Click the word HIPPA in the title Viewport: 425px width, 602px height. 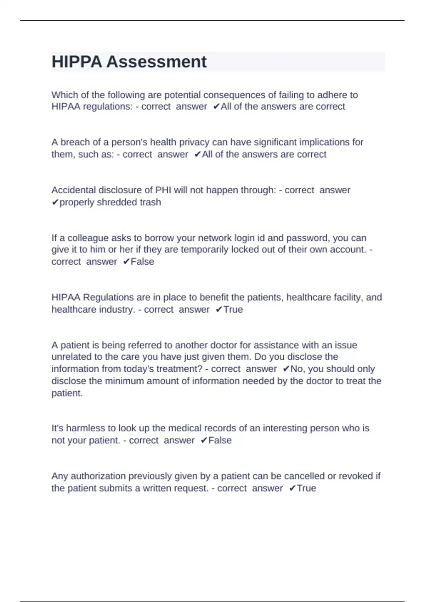(x=76, y=62)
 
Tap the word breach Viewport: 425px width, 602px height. (x=75, y=142)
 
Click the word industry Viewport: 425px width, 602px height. (x=117, y=309)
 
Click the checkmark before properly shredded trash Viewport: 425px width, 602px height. (x=55, y=202)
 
